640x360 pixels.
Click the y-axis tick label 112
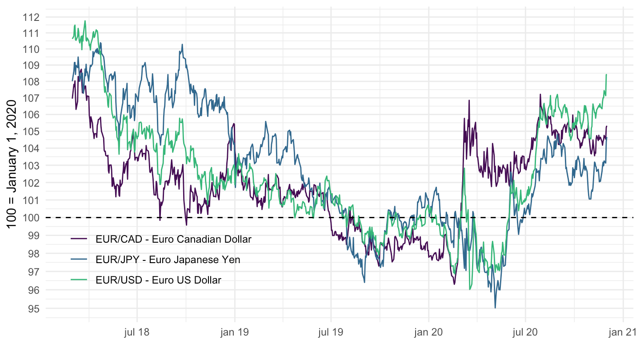[32, 17]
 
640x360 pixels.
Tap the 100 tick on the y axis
[32, 218]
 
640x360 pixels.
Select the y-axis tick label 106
[32, 115]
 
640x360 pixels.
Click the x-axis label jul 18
[137, 332]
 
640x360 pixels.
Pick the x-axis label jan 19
[234, 332]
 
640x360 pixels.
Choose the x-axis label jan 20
[428, 332]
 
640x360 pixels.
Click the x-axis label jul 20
[525, 332]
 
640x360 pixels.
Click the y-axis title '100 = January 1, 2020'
[12, 163]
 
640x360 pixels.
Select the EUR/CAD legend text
[173, 239]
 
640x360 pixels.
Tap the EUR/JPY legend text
[168, 260]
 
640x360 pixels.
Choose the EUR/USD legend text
[158, 280]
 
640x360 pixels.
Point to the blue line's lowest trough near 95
[495, 308]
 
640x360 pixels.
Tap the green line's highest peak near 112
[85, 20]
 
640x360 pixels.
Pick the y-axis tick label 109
[32, 65]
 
